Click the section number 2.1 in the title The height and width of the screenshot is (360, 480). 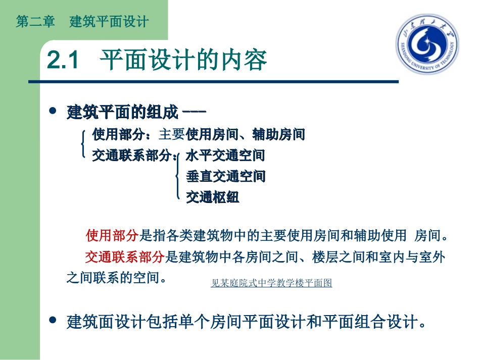pos(64,61)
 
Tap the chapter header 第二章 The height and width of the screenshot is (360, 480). pos(35,22)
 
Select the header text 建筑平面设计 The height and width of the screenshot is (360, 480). pos(109,22)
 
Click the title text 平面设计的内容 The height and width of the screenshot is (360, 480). pos(183,61)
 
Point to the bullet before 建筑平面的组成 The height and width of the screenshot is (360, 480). pos(52,111)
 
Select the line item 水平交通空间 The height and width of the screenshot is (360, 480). pos(225,156)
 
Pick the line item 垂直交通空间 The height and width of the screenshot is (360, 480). pos(225,176)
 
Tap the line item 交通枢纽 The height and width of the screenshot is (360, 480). pos(212,197)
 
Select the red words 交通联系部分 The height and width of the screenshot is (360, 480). pos(124,257)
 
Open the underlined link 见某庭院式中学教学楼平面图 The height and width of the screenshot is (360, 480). pos(271,283)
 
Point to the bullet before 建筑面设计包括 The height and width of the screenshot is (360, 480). pos(52,321)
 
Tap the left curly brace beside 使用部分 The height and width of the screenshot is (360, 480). pos(83,144)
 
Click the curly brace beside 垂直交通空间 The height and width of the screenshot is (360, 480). pos(177,176)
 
